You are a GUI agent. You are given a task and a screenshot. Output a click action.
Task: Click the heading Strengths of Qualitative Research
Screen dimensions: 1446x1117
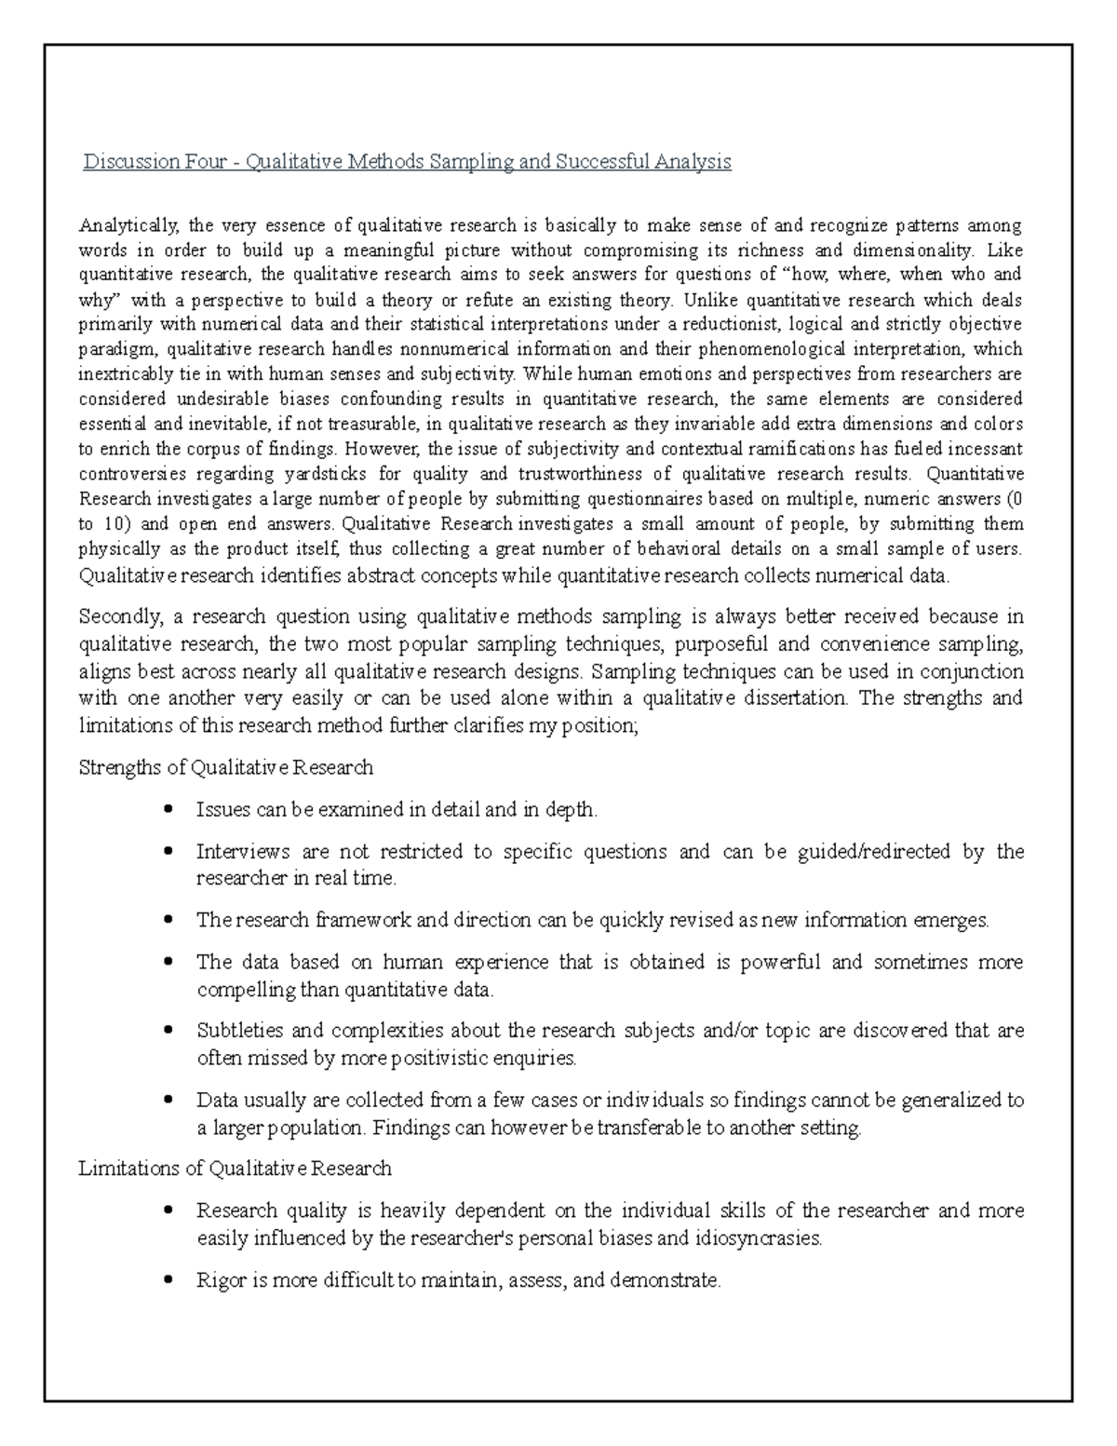click(226, 768)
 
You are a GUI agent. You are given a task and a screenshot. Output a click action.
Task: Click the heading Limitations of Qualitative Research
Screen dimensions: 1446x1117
click(236, 1169)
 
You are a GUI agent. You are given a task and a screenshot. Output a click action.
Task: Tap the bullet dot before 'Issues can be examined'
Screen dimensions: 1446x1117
click(168, 810)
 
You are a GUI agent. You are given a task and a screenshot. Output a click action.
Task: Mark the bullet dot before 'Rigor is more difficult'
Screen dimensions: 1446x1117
click(168, 1281)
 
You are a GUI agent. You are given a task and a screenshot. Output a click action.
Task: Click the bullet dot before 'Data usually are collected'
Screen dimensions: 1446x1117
click(168, 1101)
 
